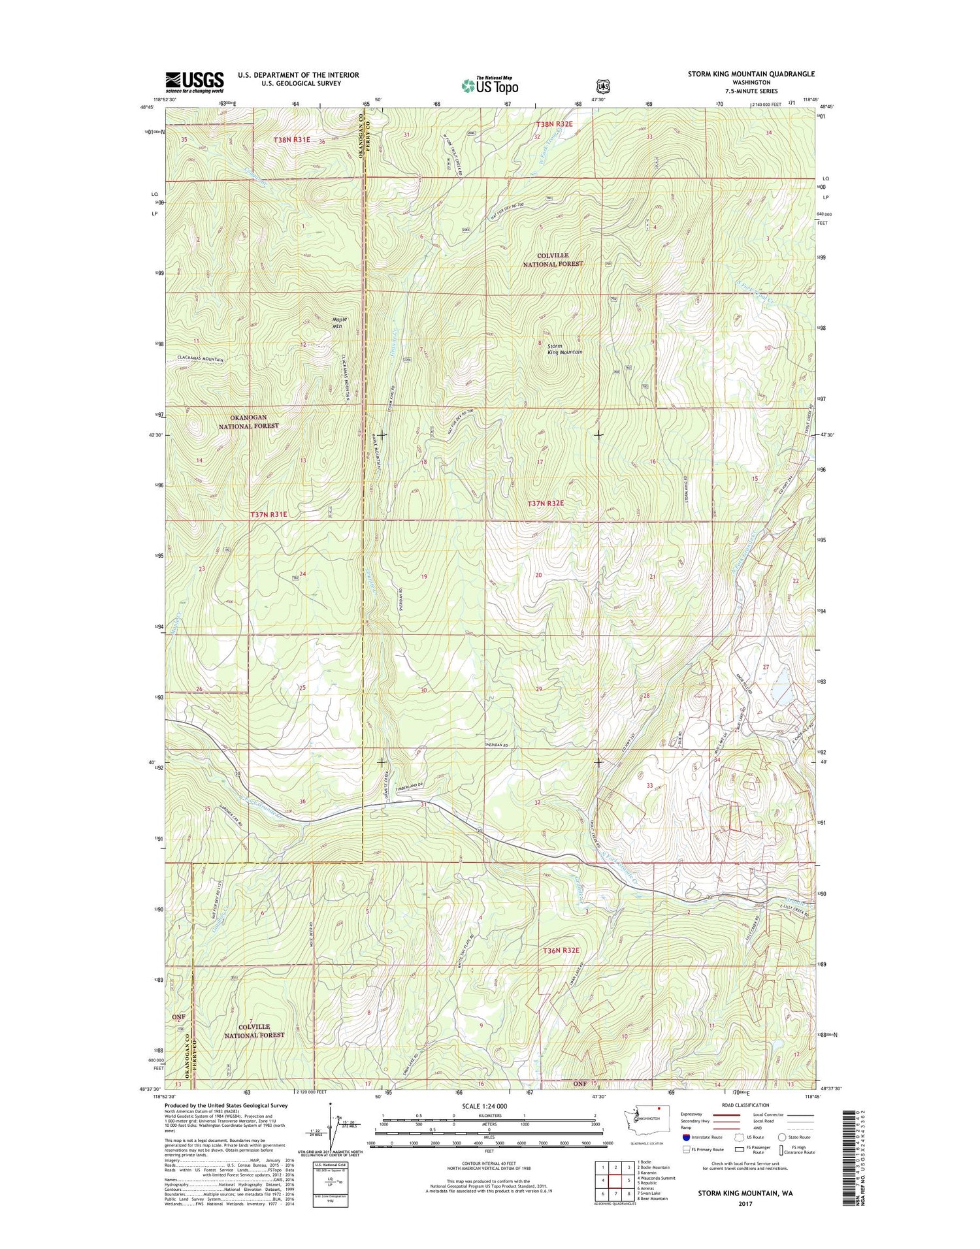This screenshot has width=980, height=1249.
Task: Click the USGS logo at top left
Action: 194,83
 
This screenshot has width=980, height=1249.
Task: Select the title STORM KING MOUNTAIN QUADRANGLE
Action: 751,74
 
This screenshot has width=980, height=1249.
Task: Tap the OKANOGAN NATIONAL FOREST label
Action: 248,421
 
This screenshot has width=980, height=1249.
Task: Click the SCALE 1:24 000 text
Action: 488,1106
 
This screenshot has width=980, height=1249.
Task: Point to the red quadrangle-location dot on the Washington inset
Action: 659,1108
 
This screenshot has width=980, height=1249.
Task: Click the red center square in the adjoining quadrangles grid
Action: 614,1180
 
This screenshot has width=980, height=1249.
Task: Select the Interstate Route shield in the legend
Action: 686,1137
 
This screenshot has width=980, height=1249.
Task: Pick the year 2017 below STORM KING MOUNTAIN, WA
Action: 745,1204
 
